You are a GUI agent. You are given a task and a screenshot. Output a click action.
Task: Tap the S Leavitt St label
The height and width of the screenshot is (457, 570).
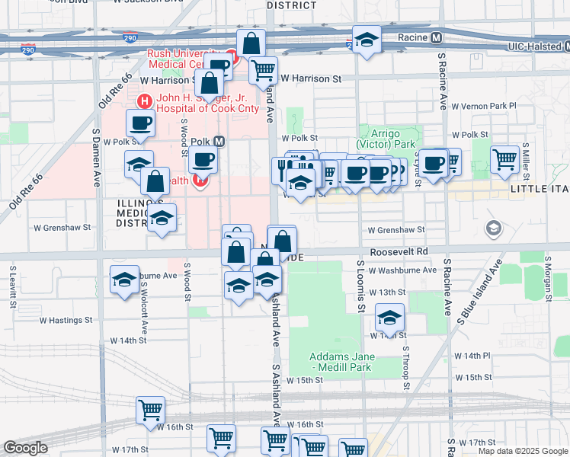pos(13,285)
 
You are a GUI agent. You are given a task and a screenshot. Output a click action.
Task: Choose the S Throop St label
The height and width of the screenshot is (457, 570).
pos(407,368)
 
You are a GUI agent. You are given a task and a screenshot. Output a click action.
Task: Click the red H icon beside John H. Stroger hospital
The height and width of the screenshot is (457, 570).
pos(142,101)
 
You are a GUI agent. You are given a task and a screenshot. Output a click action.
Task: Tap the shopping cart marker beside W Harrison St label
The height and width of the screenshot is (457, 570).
pos(263,70)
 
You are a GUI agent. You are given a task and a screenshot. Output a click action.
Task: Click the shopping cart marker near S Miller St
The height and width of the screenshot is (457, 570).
pos(505,158)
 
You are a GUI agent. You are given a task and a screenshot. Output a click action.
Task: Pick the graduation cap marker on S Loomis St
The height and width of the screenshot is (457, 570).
pos(389,318)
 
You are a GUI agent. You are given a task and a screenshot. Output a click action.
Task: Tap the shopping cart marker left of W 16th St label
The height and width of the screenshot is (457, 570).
pos(151,409)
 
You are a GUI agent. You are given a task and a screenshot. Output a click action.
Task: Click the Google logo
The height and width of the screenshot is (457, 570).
pos(25,448)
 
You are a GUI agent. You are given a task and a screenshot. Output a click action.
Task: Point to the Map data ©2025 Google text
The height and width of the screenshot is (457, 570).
pos(524,451)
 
